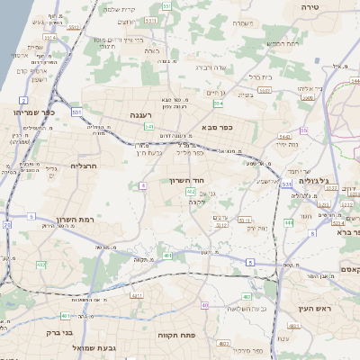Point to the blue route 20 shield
8,225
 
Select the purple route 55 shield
304,130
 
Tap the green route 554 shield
218,103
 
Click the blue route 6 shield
312,234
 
